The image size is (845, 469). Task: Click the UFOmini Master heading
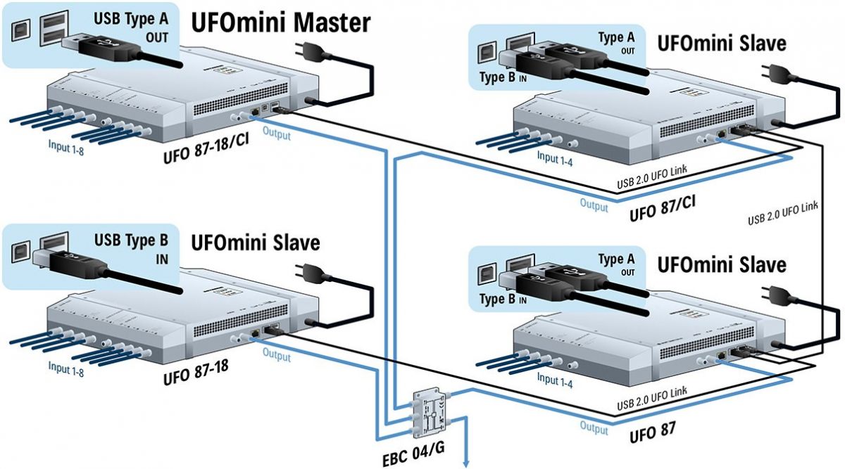281,23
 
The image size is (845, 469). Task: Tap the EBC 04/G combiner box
431,413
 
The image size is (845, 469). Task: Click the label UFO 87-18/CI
206,148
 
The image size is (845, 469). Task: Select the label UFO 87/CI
663,208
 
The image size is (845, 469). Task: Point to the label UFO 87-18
196,372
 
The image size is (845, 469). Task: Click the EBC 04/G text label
413,454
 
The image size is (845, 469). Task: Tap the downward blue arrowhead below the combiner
466,463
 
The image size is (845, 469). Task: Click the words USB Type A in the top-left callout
131,19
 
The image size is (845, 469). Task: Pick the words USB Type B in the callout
131,240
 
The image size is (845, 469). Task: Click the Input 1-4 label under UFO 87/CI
555,158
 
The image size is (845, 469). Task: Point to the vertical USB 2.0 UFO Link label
783,213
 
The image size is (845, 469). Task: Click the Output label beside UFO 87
594,428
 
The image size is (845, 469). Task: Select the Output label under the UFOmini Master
277,134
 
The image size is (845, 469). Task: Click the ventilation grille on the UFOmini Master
241,99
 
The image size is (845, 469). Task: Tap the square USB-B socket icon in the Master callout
20,31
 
